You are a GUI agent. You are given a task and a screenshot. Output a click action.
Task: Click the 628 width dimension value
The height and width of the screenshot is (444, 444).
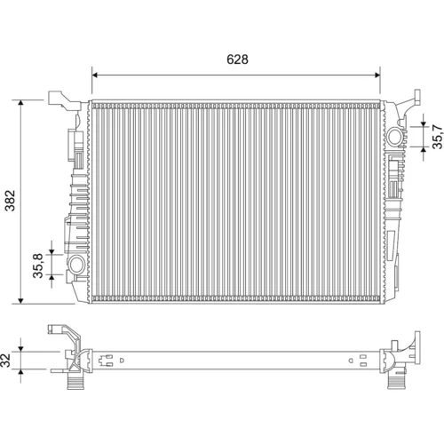[237, 59]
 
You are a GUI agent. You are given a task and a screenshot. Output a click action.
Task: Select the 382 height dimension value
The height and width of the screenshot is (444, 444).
[11, 201]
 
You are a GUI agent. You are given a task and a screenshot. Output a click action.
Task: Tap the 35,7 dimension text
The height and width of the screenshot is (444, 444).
[438, 137]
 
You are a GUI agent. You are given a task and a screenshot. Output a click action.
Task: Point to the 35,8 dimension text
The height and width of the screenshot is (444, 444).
[38, 266]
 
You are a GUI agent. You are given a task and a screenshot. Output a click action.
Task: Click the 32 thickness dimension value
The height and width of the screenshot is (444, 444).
[6, 360]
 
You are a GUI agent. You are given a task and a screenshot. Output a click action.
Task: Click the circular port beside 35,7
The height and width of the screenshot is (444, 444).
[394, 137]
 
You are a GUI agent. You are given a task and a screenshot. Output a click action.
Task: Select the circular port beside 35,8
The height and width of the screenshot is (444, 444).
[76, 264]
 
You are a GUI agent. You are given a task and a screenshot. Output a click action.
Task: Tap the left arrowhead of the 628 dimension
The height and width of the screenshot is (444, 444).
[95, 75]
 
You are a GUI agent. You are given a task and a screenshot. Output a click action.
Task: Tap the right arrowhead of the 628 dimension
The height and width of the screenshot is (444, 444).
[377, 75]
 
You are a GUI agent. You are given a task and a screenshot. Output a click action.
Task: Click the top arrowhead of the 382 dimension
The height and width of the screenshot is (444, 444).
[20, 103]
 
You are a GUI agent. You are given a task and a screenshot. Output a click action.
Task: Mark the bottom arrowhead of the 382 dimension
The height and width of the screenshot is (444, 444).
[20, 301]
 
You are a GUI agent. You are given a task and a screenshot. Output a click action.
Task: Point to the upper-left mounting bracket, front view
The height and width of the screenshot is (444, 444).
[65, 100]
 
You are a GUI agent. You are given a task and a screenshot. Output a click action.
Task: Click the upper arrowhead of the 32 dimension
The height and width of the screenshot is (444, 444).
[20, 349]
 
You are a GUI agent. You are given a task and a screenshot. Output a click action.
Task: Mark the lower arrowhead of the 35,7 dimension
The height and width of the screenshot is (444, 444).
[424, 149]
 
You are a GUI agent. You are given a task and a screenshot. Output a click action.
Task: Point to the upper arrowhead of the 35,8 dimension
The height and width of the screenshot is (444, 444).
[52, 251]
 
